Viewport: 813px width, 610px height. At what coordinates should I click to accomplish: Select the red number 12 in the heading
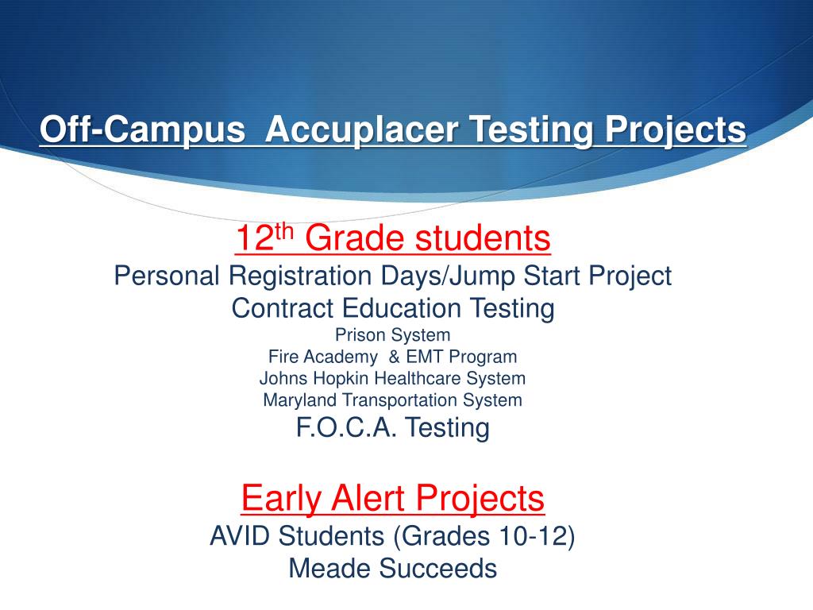(x=253, y=237)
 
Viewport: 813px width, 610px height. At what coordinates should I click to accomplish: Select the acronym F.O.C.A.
(x=346, y=428)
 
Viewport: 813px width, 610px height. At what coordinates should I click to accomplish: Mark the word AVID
(x=239, y=536)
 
